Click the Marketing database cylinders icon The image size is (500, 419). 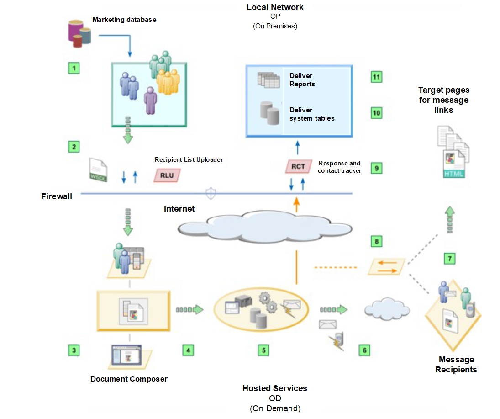[79, 33]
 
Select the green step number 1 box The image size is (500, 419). [73, 69]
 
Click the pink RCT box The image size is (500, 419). [298, 167]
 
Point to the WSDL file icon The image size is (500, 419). [98, 171]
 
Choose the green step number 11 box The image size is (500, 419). [376, 77]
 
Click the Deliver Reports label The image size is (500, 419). [302, 80]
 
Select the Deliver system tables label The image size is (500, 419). [311, 114]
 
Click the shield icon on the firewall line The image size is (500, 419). [211, 194]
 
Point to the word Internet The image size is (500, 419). [179, 209]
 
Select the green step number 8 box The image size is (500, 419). [376, 241]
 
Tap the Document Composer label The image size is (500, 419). [129, 379]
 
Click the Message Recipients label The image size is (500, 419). [456, 365]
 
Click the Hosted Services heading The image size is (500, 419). [274, 388]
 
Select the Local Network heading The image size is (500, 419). [275, 7]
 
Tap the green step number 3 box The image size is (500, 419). [73, 350]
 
